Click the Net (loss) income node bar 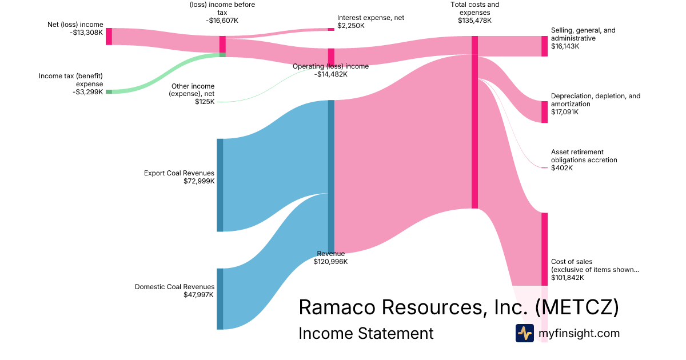point(109,36)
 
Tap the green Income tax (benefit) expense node point(109,91)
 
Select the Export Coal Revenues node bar point(220,185)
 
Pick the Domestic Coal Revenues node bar point(220,298)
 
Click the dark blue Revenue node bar point(331,176)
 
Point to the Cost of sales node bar point(544,249)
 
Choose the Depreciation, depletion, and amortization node point(544,111)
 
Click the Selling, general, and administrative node point(544,46)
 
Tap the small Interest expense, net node point(331,29)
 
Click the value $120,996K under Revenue point(330,262)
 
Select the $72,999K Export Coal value point(199,181)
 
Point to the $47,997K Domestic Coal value point(199,295)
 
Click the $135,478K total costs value point(474,21)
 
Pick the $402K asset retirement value point(561,168)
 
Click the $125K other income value point(205,102)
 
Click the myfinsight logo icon point(524,333)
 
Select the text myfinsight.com point(579,333)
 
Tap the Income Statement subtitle point(366,333)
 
